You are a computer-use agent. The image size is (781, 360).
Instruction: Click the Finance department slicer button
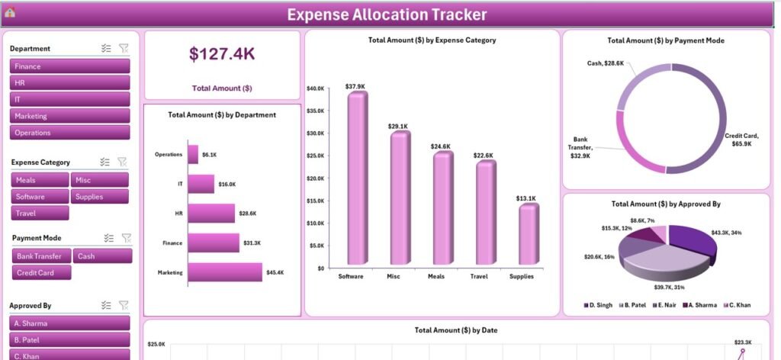click(69, 66)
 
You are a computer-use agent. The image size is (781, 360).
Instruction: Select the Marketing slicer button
click(69, 116)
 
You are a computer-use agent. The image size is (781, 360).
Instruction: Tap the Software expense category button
click(40, 197)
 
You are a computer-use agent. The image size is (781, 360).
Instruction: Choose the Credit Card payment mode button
click(41, 272)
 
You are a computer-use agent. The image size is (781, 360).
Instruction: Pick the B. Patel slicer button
click(69, 339)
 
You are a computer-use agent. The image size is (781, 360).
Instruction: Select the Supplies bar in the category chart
click(528, 237)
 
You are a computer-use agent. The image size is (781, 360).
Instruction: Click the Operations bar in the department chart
click(193, 154)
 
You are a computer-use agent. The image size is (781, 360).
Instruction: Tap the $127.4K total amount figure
click(222, 54)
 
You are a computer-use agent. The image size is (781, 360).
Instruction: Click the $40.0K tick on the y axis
click(315, 88)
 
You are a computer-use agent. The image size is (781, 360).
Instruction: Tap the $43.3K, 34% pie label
click(731, 232)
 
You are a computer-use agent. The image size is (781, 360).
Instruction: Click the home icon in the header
click(10, 12)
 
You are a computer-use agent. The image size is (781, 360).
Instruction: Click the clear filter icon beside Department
click(124, 48)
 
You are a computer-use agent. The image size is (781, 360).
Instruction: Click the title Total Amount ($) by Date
click(455, 330)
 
